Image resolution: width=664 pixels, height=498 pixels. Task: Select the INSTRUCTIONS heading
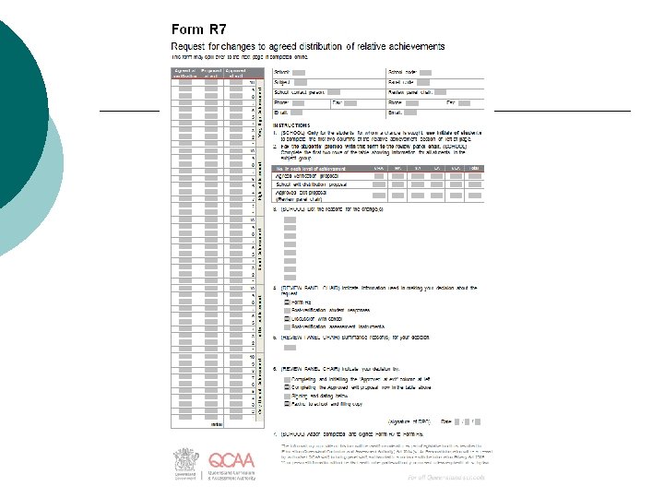point(292,125)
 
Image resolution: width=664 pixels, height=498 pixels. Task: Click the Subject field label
point(282,82)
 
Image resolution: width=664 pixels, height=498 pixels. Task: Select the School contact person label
point(300,92)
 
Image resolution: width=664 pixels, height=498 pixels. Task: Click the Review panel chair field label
point(410,92)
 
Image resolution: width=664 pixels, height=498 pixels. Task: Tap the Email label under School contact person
point(280,113)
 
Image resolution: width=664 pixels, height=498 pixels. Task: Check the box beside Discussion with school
point(287,318)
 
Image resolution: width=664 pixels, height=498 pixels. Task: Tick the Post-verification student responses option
point(287,311)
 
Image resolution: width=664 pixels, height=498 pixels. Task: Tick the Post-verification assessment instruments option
point(287,326)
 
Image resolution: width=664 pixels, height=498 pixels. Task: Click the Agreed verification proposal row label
point(306,175)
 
